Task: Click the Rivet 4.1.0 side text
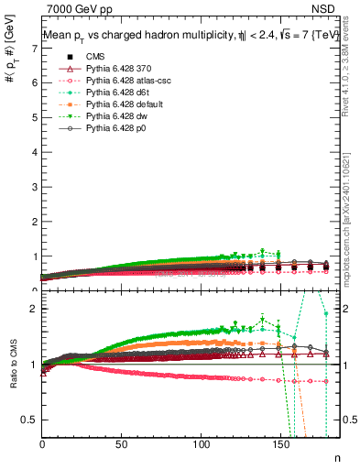pos(347,64)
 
